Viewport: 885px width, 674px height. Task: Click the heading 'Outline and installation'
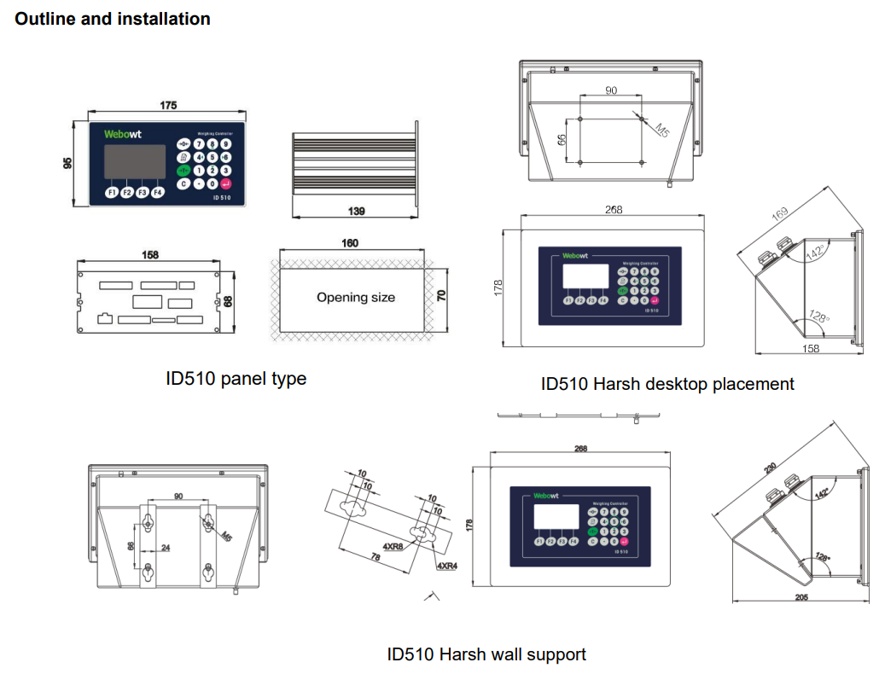tap(113, 19)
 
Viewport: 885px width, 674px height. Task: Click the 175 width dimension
tap(168, 105)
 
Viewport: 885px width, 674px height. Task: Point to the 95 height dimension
tap(69, 163)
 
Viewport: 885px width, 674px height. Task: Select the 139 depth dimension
tap(358, 210)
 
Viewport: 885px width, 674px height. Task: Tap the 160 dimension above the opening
tap(350, 243)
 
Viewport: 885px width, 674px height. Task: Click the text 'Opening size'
tap(356, 298)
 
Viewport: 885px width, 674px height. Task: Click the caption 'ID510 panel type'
tap(236, 378)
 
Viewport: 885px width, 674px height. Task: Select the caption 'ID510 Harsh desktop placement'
tap(667, 384)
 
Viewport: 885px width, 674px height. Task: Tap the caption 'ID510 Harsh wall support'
tap(486, 654)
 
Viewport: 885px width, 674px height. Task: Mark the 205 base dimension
tap(801, 597)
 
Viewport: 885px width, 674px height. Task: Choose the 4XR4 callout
tap(445, 566)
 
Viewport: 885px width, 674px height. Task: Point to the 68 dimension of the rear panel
tap(228, 301)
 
